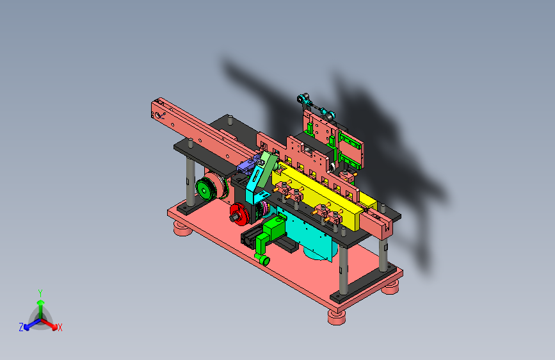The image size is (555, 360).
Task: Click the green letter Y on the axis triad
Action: pyautogui.click(x=40, y=293)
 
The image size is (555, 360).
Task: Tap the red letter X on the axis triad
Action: pyautogui.click(x=60, y=328)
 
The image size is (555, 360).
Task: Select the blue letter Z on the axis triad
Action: pyautogui.click(x=21, y=327)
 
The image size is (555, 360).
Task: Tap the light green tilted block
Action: pyautogui.click(x=267, y=168)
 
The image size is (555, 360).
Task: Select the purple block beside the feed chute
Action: pyautogui.click(x=247, y=165)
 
